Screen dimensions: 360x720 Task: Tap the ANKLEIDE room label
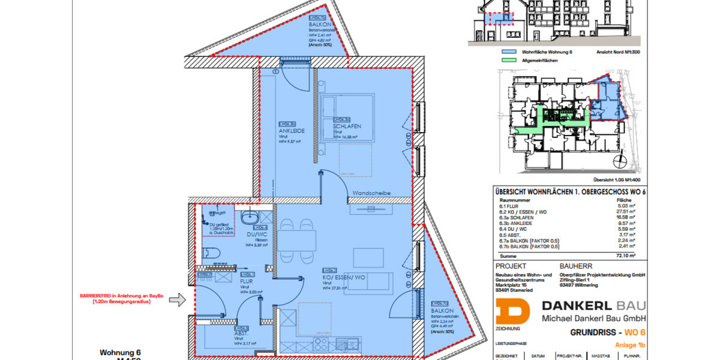pyautogui.click(x=292, y=130)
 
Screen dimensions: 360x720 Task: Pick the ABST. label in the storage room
pyautogui.click(x=242, y=333)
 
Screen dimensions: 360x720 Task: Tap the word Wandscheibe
pyautogui.click(x=371, y=193)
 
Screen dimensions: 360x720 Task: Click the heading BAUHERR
pyautogui.click(x=575, y=265)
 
